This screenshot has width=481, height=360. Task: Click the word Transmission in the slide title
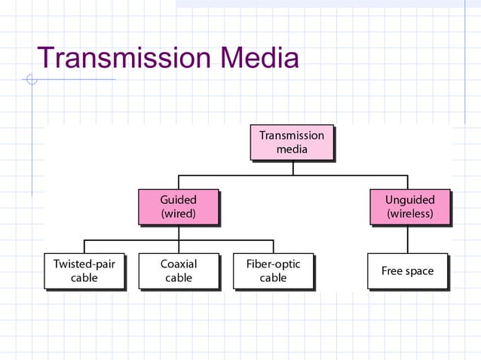click(x=124, y=58)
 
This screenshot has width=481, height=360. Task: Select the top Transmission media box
click(x=292, y=142)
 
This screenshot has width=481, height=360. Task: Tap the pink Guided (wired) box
click(x=178, y=207)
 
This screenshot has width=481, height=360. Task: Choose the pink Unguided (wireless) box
click(x=409, y=207)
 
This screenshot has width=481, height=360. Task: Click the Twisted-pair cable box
click(x=84, y=271)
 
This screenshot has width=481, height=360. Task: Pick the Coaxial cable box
click(x=179, y=271)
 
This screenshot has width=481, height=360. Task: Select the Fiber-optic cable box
click(x=273, y=271)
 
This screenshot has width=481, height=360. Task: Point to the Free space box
click(x=407, y=271)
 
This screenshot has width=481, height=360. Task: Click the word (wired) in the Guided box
click(x=178, y=214)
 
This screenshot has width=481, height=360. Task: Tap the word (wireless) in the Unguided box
click(x=409, y=214)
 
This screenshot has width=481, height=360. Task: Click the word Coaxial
click(x=179, y=264)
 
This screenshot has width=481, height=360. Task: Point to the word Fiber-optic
click(x=273, y=264)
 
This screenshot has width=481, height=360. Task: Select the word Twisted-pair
click(x=84, y=264)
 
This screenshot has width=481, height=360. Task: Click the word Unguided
click(x=409, y=200)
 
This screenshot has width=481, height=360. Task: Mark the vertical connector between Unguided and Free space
click(x=408, y=239)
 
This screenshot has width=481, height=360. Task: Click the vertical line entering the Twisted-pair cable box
click(x=84, y=246)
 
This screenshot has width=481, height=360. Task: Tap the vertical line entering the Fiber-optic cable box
click(x=273, y=246)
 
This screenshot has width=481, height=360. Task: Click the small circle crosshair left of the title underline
click(x=31, y=79)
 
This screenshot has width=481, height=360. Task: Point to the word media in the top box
click(x=292, y=149)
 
